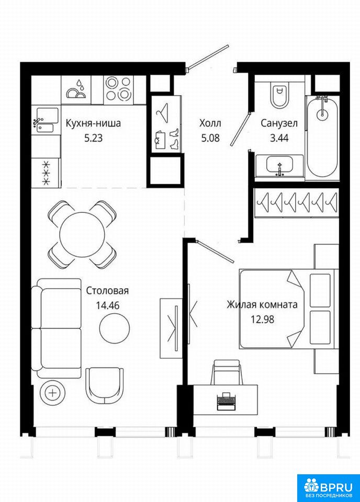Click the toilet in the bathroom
tap(280, 94)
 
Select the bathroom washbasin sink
tap(279, 166)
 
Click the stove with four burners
tap(118, 88)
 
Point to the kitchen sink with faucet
tap(46, 120)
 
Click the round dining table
tap(82, 234)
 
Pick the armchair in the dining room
tap(105, 385)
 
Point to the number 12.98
tap(262, 319)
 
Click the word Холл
tap(210, 123)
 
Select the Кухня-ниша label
tap(93, 123)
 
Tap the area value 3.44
tap(279, 138)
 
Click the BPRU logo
tap(328, 487)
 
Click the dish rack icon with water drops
tap(76, 89)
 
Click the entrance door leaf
tap(208, 56)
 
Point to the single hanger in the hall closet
tap(162, 113)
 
